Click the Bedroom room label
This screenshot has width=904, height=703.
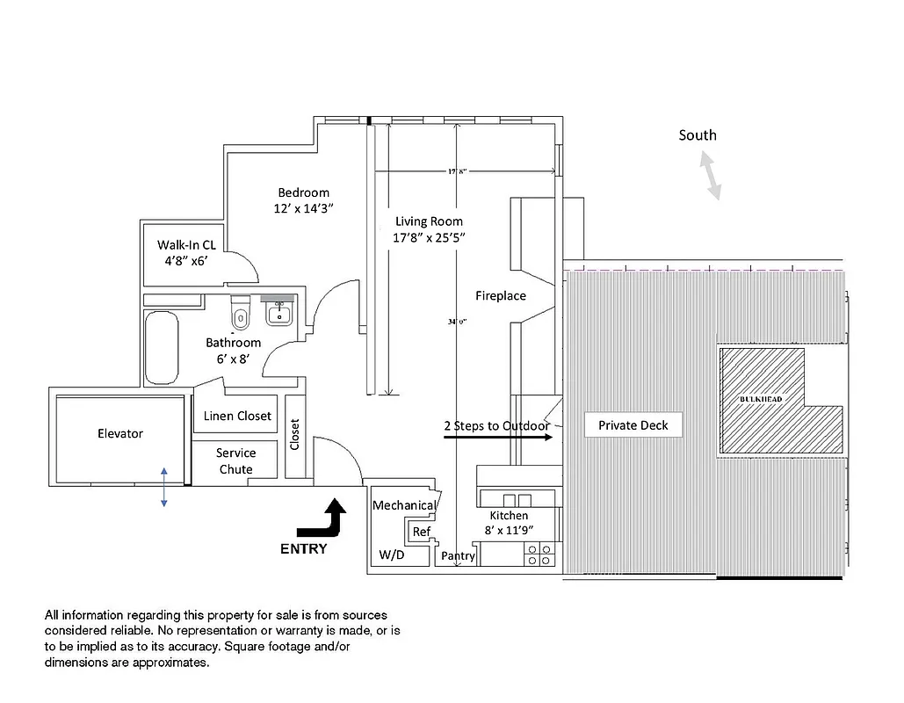pyautogui.click(x=303, y=193)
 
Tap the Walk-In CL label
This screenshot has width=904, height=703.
pyautogui.click(x=186, y=245)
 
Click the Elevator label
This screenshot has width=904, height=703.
pyautogui.click(x=119, y=433)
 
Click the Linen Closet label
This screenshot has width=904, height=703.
pyautogui.click(x=237, y=416)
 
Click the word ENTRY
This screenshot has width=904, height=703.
pyautogui.click(x=303, y=549)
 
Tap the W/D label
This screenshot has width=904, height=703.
pyautogui.click(x=392, y=555)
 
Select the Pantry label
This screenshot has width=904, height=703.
pyautogui.click(x=458, y=555)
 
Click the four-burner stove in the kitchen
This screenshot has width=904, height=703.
pyautogui.click(x=539, y=554)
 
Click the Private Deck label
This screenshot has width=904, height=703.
pyautogui.click(x=633, y=425)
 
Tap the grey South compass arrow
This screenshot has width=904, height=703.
pyautogui.click(x=710, y=175)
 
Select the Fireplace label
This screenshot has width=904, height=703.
pyautogui.click(x=501, y=296)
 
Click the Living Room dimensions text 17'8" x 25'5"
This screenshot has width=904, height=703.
pyautogui.click(x=429, y=237)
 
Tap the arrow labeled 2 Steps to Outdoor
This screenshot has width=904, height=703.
pyautogui.click(x=497, y=435)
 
